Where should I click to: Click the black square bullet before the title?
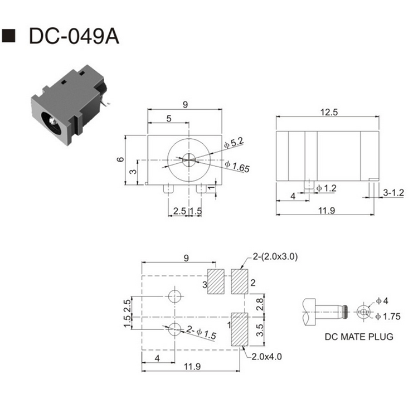[x=10, y=36]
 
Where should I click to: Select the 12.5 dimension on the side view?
[x=329, y=111]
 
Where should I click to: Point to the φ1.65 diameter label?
[x=236, y=166]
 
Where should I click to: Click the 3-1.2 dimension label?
[x=393, y=192]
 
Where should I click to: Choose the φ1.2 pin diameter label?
[x=327, y=188]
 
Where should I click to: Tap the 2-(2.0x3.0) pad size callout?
[x=275, y=256]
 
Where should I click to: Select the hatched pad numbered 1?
[x=239, y=329]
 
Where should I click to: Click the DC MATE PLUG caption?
[x=359, y=337]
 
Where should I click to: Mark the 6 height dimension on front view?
[x=120, y=159]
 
